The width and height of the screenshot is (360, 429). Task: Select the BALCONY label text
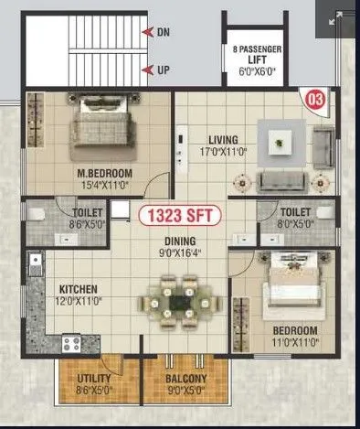click(185, 379)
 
